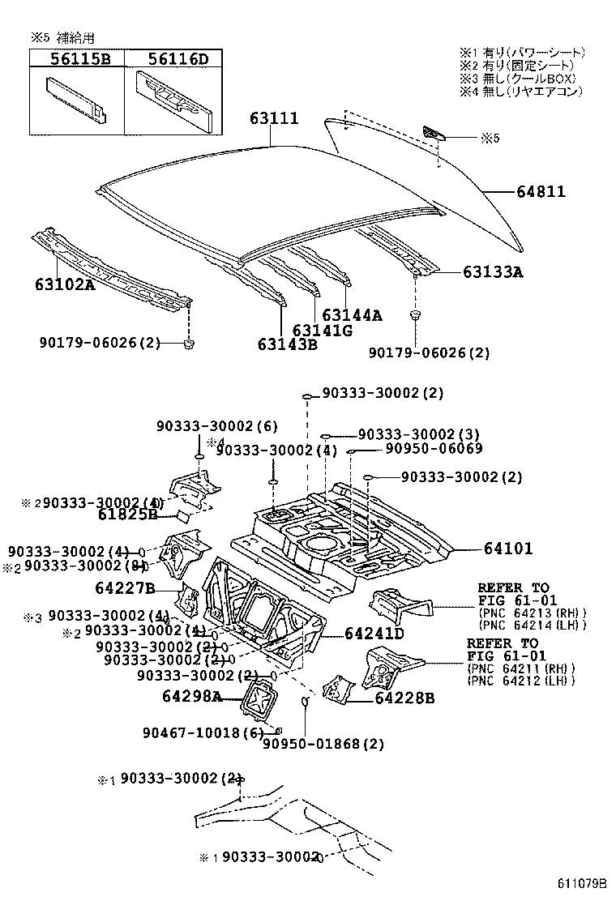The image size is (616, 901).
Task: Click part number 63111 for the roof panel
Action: click(274, 119)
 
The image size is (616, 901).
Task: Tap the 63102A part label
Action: click(65, 285)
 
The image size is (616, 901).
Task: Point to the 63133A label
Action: click(493, 272)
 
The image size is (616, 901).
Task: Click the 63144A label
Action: click(351, 315)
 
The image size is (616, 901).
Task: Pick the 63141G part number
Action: click(322, 331)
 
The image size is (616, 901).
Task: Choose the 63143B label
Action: click(287, 344)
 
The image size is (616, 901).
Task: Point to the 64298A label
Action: click(190, 696)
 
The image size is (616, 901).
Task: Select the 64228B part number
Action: click(404, 698)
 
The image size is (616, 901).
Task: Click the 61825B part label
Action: click(128, 513)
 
